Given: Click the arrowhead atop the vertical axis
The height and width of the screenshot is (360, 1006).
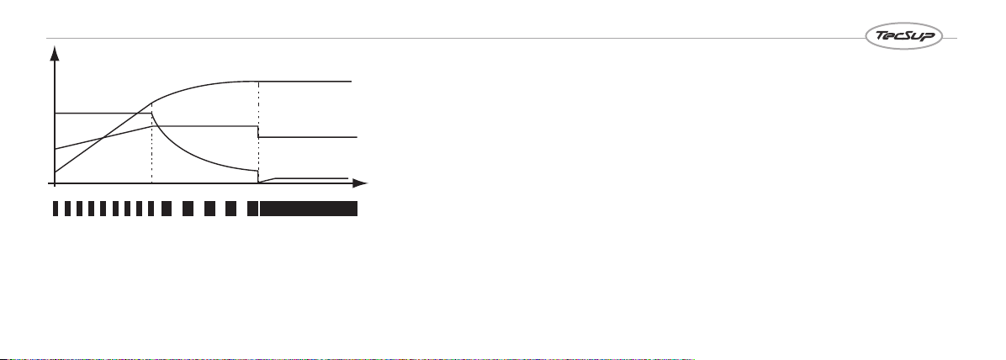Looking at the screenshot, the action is pyautogui.click(x=56, y=53).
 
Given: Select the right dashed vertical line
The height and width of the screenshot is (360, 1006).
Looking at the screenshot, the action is pyautogui.click(x=258, y=132).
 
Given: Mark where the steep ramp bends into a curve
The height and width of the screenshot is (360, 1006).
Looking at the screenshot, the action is pyautogui.click(x=152, y=103).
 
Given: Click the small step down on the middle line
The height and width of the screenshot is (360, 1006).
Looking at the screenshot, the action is pyautogui.click(x=258, y=131).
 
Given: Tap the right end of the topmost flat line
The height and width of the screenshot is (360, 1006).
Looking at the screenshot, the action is pyautogui.click(x=352, y=82).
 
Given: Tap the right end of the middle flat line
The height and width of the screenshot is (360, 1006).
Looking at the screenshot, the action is pyautogui.click(x=356, y=137).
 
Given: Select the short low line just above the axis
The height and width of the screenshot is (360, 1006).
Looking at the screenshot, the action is pyautogui.click(x=304, y=178).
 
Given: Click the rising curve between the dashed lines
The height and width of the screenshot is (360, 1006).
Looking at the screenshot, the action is pyautogui.click(x=199, y=85).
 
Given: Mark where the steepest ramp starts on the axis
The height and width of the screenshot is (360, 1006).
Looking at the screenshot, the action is pyautogui.click(x=56, y=172).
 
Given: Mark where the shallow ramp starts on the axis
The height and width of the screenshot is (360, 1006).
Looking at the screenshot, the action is pyautogui.click(x=56, y=149).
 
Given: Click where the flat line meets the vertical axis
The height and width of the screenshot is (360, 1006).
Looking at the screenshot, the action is pyautogui.click(x=56, y=113).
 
